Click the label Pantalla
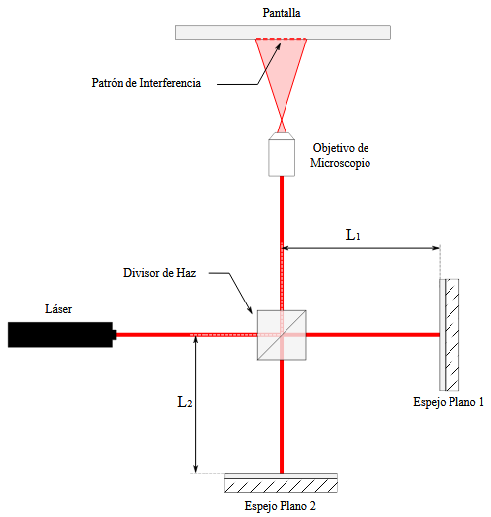tap(282, 13)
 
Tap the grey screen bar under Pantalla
tap(283, 32)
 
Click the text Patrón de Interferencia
tap(146, 82)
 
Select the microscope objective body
tap(282, 158)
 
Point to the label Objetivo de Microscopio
tap(340, 155)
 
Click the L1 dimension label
tap(353, 235)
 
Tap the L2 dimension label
tap(185, 402)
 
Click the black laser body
tap(61, 335)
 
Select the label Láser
tap(58, 309)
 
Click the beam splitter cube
tap(282, 335)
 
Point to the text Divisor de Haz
tap(159, 273)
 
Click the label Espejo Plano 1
tap(449, 402)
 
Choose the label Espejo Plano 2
tap(281, 506)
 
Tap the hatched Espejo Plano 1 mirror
tap(450, 335)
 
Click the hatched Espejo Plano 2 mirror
tap(282, 482)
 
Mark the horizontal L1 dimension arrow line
tap(361, 248)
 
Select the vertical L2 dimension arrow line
tap(195, 404)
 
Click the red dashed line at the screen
tap(282, 39)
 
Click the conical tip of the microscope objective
tap(282, 136)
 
